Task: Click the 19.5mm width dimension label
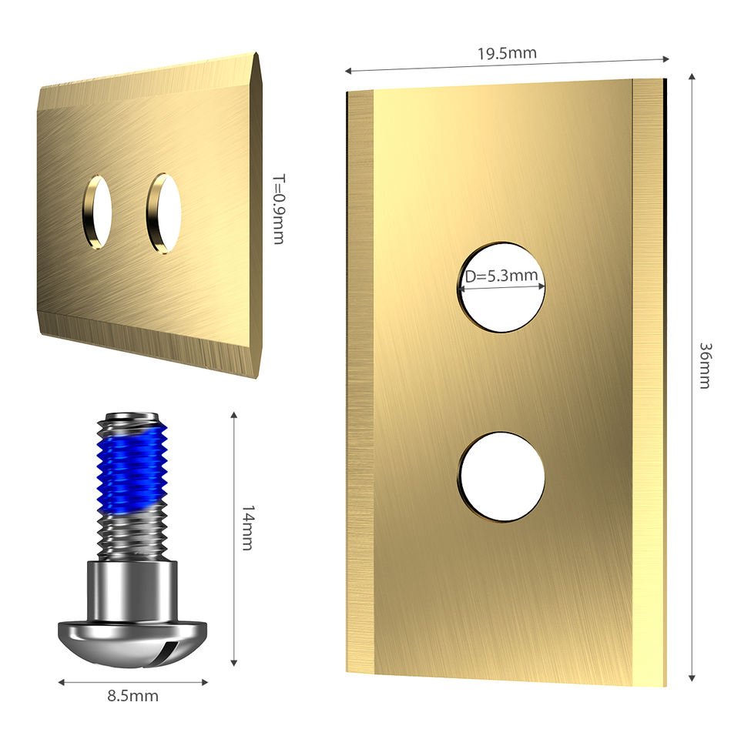507,53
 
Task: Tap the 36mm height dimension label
705,366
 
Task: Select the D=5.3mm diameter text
501,276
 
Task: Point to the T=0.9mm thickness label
279,209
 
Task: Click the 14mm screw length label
248,528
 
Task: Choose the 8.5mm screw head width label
133,696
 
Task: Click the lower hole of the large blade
501,477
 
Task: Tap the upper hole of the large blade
501,287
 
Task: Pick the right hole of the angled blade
163,213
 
